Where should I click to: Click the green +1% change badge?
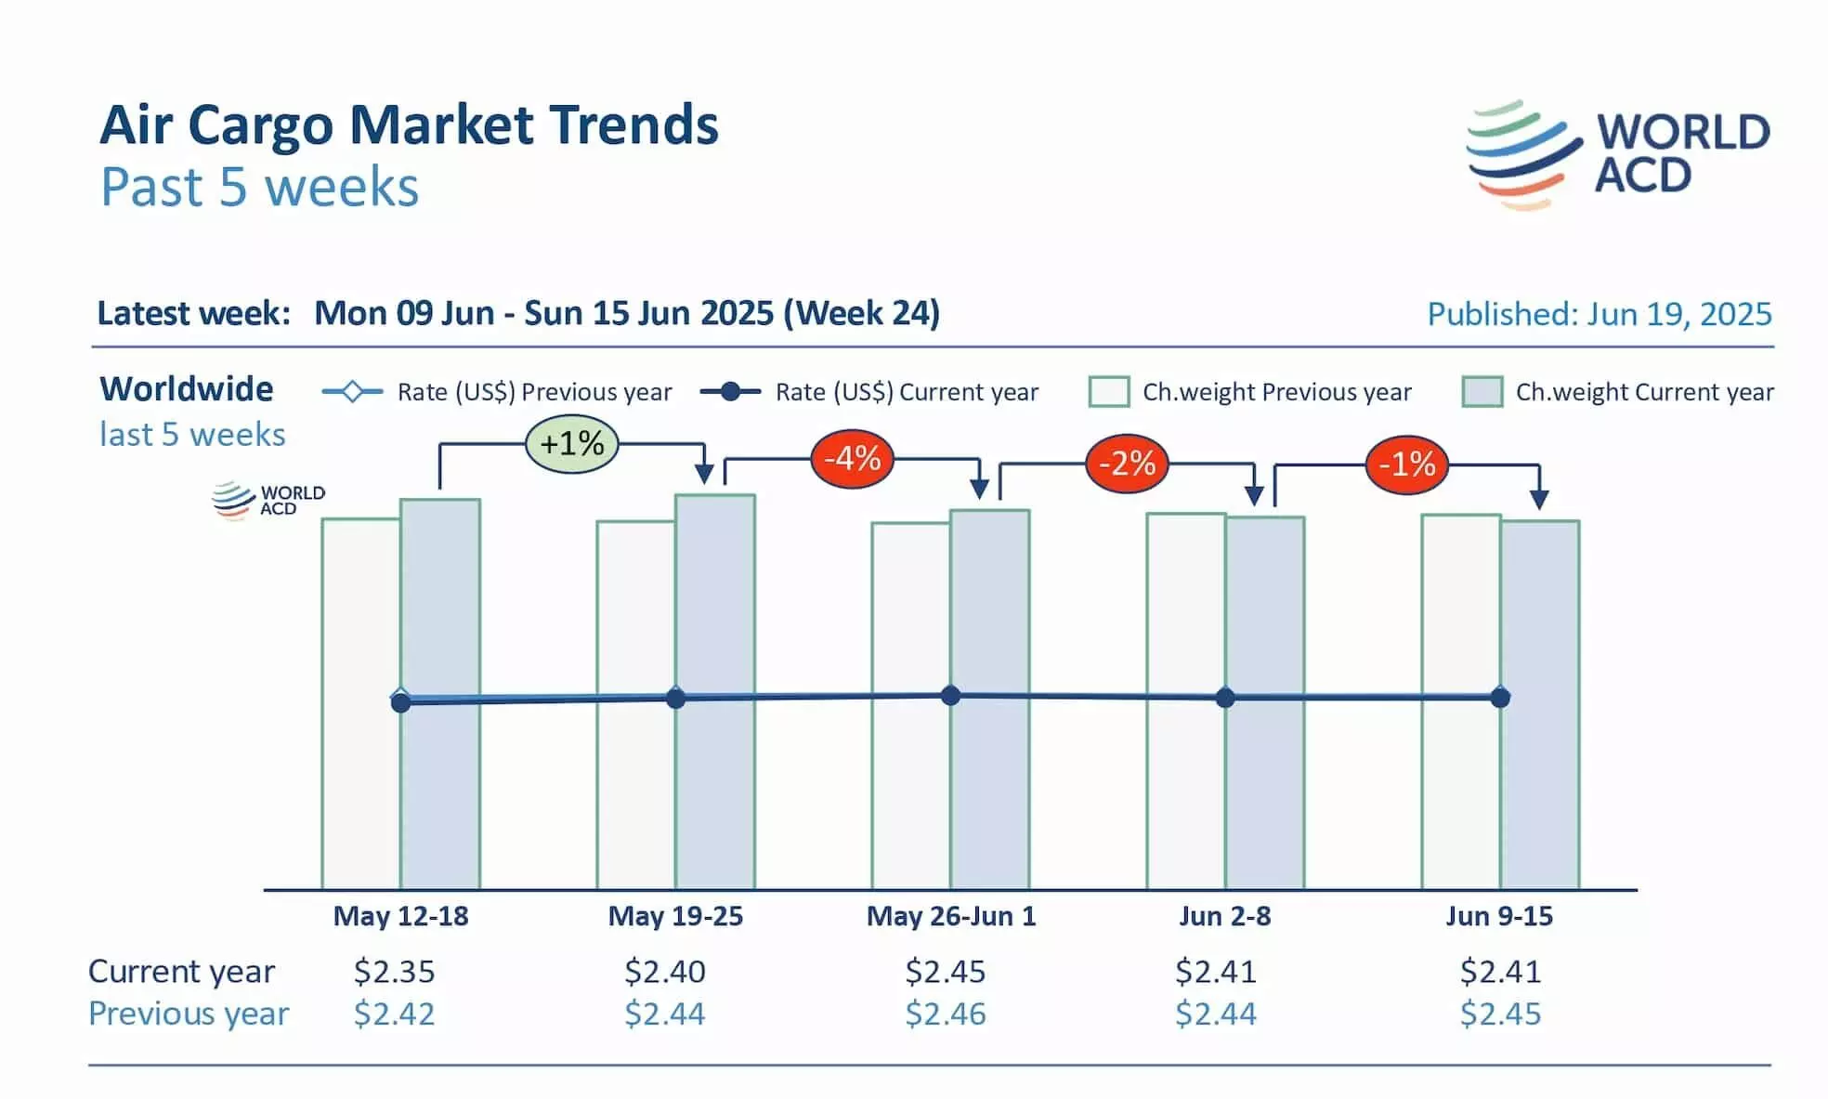click(x=571, y=444)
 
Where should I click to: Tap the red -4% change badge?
click(x=852, y=459)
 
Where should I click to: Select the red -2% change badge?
click(x=1127, y=463)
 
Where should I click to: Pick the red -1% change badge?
click(x=1406, y=464)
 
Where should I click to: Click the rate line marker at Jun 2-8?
click(x=1225, y=698)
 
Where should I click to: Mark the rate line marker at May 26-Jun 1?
click(x=950, y=695)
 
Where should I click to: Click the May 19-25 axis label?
click(x=675, y=916)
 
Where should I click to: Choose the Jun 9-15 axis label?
click(x=1499, y=916)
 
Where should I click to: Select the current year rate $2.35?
click(x=394, y=971)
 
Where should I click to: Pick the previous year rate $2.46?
click(x=946, y=1014)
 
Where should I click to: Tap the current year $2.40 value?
click(x=664, y=971)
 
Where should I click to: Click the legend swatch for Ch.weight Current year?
click(x=1482, y=392)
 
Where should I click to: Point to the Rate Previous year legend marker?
click(x=352, y=392)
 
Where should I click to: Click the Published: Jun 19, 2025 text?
click(x=1599, y=314)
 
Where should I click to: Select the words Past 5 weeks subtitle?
click(x=260, y=187)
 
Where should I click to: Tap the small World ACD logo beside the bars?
click(x=268, y=500)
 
